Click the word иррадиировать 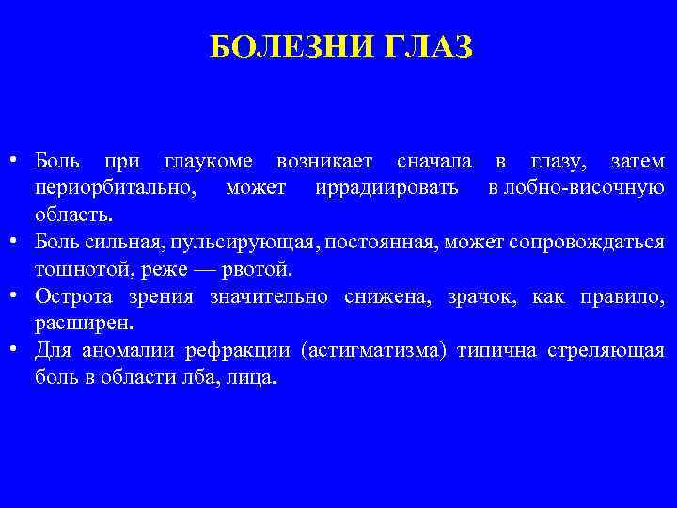pos(387,188)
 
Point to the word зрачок pos(488,297)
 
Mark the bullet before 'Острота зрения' pos(18,295)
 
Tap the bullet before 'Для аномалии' pos(18,350)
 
